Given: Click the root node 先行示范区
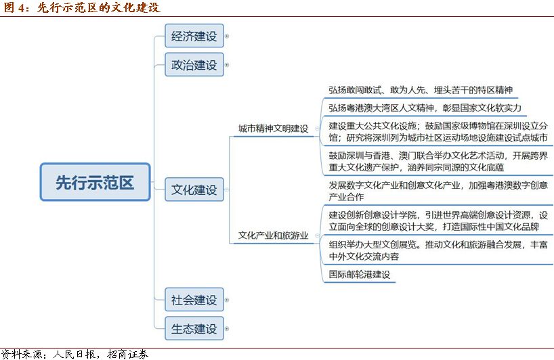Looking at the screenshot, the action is point(95,182).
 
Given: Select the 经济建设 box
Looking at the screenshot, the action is point(194,36).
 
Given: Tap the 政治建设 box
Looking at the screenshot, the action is point(194,64).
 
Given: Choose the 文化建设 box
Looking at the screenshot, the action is point(194,189).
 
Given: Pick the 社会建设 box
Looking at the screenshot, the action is point(194,300).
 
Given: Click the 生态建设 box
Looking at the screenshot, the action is point(194,329).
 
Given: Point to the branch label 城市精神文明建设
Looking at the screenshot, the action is point(273,129).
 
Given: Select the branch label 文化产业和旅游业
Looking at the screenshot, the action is point(273,235).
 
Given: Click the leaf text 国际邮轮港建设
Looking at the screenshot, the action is point(360,274).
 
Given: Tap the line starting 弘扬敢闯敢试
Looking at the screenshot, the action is point(421,90).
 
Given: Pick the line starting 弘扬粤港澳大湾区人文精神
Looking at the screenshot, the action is point(425,108).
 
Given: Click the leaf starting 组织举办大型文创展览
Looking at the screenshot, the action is point(438,250).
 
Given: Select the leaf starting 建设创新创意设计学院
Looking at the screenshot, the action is point(438,221).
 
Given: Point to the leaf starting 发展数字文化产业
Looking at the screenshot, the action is point(438,191).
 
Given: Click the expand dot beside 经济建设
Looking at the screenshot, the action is point(227,36).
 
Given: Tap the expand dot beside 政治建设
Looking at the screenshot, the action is point(227,65).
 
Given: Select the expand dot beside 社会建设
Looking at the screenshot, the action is point(227,300).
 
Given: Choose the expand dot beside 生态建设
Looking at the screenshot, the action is point(227,329).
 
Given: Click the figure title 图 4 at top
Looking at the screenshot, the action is point(81,7).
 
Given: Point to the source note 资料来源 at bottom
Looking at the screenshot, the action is point(74,354).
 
